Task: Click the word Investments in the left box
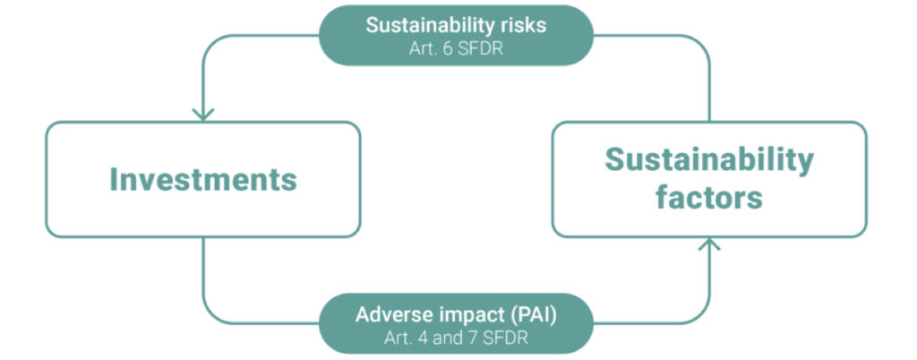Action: tap(203, 179)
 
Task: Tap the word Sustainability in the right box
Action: tap(709, 160)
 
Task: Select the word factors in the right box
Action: tap(709, 198)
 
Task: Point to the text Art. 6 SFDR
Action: tap(456, 48)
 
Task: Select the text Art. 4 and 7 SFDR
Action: tap(456, 339)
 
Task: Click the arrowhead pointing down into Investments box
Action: tap(203, 115)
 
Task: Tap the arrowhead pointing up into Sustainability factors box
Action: tap(709, 244)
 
